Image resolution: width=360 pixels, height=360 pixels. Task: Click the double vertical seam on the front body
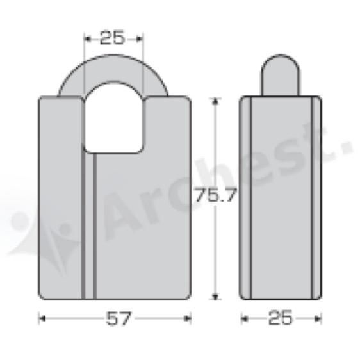(89, 231)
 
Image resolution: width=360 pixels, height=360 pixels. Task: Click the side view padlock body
(282, 199)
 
